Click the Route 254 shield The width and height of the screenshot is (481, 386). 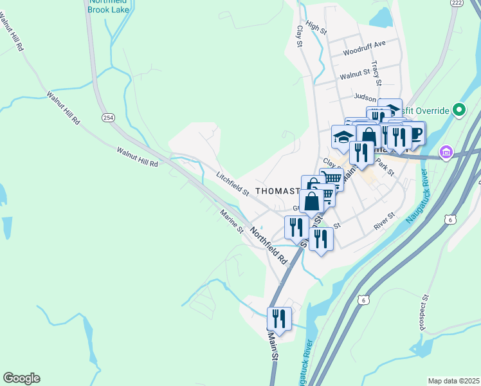click(107, 117)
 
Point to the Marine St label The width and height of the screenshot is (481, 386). click(231, 221)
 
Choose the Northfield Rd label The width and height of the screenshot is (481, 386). click(268, 246)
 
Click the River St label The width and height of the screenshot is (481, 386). click(384, 223)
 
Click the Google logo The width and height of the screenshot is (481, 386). click(21, 378)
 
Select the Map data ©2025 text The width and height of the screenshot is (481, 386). click(453, 381)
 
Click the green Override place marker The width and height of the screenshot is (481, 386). click(458, 110)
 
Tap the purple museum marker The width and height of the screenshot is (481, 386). click(445, 152)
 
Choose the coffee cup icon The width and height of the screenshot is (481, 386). click(415, 134)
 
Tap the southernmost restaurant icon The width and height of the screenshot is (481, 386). click(279, 318)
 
